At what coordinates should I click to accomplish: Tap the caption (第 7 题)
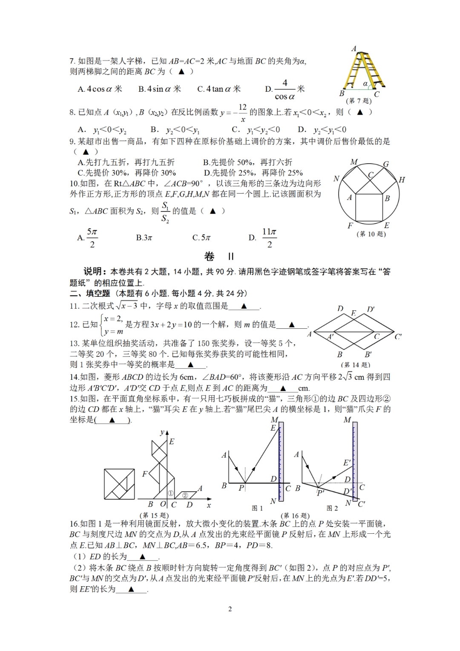(359, 101)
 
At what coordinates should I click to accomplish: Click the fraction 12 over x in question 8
(242, 113)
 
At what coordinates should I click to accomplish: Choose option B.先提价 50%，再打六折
(247, 162)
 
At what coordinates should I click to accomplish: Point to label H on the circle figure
(402, 180)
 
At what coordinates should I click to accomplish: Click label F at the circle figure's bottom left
(350, 226)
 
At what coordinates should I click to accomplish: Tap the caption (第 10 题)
(371, 234)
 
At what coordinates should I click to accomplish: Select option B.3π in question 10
(144, 237)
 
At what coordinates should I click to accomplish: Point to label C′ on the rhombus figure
(398, 336)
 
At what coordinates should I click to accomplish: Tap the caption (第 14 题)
(356, 365)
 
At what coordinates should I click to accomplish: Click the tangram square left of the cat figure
(119, 484)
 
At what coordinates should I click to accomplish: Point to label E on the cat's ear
(172, 442)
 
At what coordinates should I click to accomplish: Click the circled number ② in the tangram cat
(185, 495)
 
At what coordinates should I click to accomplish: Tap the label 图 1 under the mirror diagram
(257, 508)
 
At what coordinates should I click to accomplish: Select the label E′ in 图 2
(347, 463)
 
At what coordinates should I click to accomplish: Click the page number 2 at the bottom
(230, 609)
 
